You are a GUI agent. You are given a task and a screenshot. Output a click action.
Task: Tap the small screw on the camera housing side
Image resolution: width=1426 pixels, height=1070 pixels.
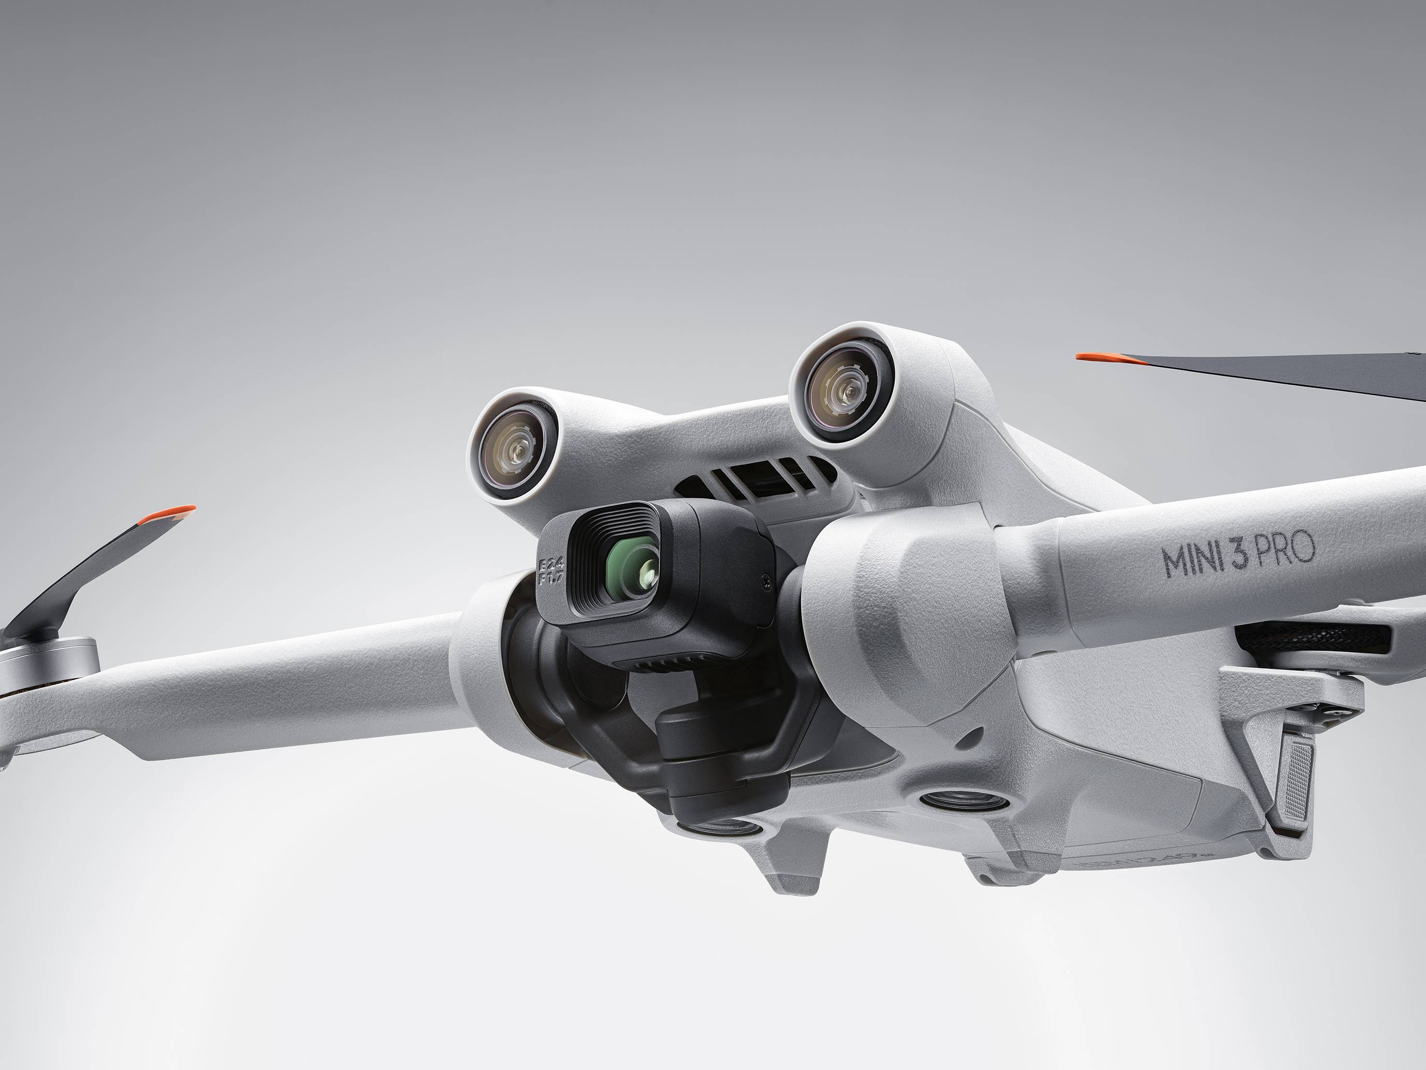pyautogui.click(x=765, y=581)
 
